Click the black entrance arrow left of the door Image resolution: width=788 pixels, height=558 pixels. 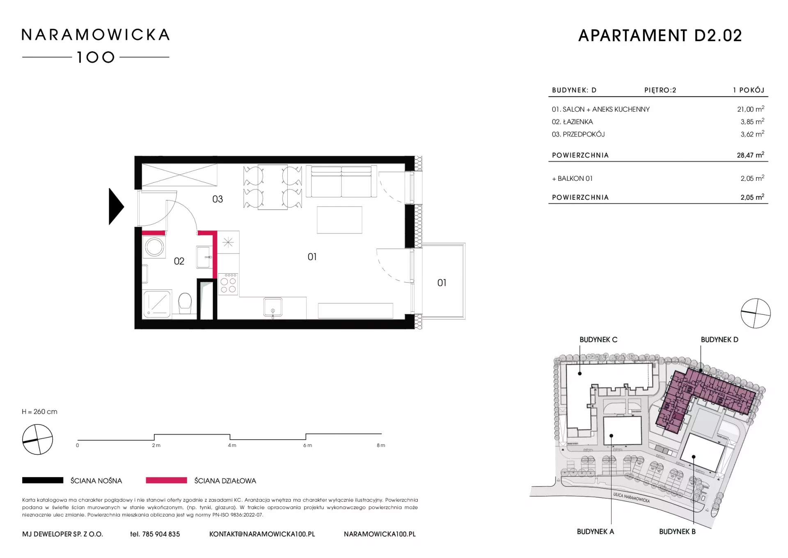(115, 207)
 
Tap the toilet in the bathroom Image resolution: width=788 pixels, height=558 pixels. (185, 303)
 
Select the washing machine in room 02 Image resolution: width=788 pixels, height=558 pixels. (155, 247)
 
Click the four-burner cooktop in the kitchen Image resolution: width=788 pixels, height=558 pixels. (228, 284)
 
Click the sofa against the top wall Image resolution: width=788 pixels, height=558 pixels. (341, 181)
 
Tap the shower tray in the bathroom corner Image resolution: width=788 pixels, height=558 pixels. (157, 304)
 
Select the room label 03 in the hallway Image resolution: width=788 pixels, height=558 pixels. (218, 199)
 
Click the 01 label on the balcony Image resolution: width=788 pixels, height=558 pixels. (442, 283)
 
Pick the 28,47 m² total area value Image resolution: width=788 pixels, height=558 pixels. (750, 155)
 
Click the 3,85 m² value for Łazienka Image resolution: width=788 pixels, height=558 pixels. (752, 122)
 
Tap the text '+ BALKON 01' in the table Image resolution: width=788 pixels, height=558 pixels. (572, 178)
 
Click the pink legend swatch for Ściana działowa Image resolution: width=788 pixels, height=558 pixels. (166, 480)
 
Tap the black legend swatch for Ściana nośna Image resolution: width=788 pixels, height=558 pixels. (43, 480)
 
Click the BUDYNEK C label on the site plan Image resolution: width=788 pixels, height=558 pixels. (598, 340)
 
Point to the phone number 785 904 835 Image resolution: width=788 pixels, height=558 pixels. (161, 534)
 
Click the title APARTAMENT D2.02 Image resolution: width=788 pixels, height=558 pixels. (660, 36)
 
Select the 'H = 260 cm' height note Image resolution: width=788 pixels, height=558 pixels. (40, 412)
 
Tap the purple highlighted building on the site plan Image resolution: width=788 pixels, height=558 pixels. (698, 394)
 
